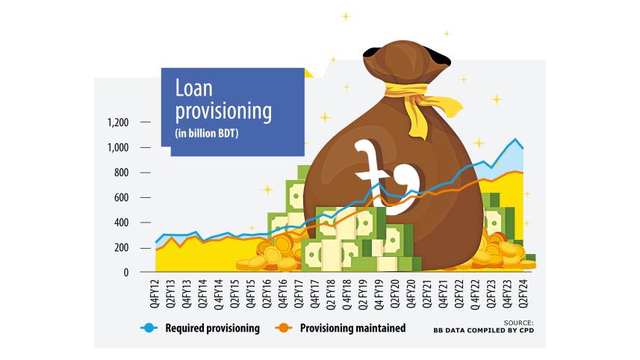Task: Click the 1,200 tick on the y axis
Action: coord(118,122)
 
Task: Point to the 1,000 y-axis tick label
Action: coord(118,148)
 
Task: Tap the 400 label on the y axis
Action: coord(121,223)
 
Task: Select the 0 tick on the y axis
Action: coord(126,273)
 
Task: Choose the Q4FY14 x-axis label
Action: coord(219,293)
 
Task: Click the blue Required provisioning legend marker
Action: coord(149,327)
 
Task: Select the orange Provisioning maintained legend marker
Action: coord(283,327)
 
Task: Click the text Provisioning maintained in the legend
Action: coord(352,327)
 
